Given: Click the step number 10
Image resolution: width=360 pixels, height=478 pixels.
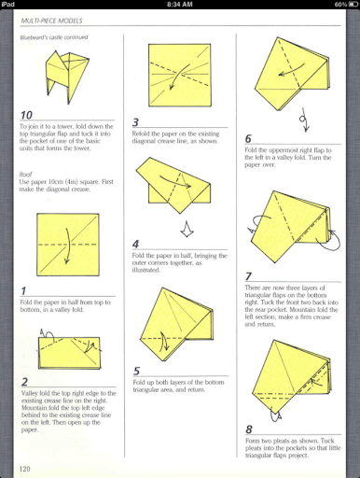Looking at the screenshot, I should (28, 116).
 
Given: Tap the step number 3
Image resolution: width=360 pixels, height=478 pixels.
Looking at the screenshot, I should (136, 122).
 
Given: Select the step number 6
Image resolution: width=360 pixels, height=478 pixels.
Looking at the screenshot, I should (249, 139).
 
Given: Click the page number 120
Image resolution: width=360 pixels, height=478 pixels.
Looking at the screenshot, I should (26, 467).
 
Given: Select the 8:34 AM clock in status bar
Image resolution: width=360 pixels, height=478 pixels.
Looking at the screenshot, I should (179, 5).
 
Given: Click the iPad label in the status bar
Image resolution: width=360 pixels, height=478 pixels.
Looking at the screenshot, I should (9, 5).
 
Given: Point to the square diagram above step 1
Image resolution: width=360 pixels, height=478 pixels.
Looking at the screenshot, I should (67, 247).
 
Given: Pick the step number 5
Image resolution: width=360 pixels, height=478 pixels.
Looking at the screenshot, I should (136, 371).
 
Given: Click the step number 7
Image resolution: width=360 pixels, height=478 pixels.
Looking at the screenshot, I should (249, 275).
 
